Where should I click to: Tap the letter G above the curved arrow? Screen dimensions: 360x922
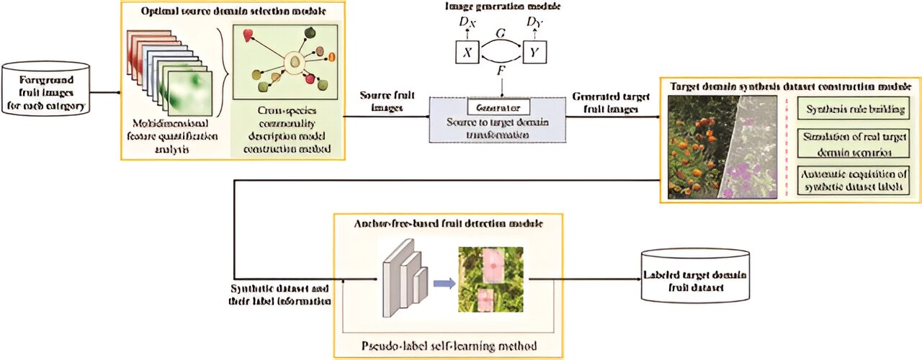501,33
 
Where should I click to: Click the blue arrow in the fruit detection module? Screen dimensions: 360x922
444,283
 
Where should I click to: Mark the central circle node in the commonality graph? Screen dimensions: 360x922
294,63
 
